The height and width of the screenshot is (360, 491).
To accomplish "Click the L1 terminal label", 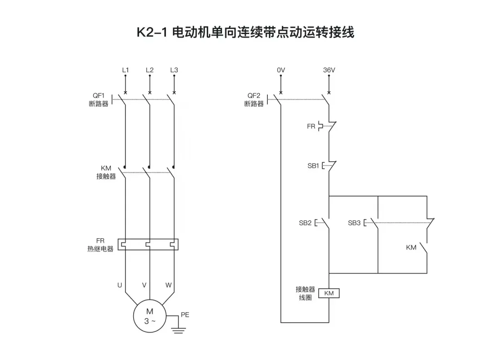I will tap(125, 70).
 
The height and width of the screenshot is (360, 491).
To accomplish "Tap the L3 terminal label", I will tap(174, 70).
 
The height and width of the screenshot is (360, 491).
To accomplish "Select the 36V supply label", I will tap(329, 70).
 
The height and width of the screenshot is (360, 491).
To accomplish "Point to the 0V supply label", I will tap(281, 70).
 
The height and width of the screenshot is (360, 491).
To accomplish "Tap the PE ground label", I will tap(185, 314).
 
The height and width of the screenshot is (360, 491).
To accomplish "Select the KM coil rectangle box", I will tap(329, 293).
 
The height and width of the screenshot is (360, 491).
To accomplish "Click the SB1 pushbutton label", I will tap(313, 166).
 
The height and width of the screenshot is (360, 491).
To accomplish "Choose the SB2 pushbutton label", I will tap(305, 223).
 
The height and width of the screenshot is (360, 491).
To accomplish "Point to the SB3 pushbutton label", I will tap(354, 223).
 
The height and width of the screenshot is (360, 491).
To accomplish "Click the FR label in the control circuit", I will tap(311, 126).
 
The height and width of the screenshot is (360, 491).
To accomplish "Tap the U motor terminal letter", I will tap(120, 285).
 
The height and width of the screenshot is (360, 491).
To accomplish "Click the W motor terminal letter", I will tap(168, 285).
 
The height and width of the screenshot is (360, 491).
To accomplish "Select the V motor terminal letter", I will tap(144, 285).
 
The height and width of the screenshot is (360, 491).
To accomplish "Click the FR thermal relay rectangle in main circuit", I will tap(148, 245).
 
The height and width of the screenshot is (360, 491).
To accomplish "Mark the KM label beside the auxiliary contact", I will tap(411, 248).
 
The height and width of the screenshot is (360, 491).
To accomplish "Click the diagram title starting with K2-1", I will tap(245, 33).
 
